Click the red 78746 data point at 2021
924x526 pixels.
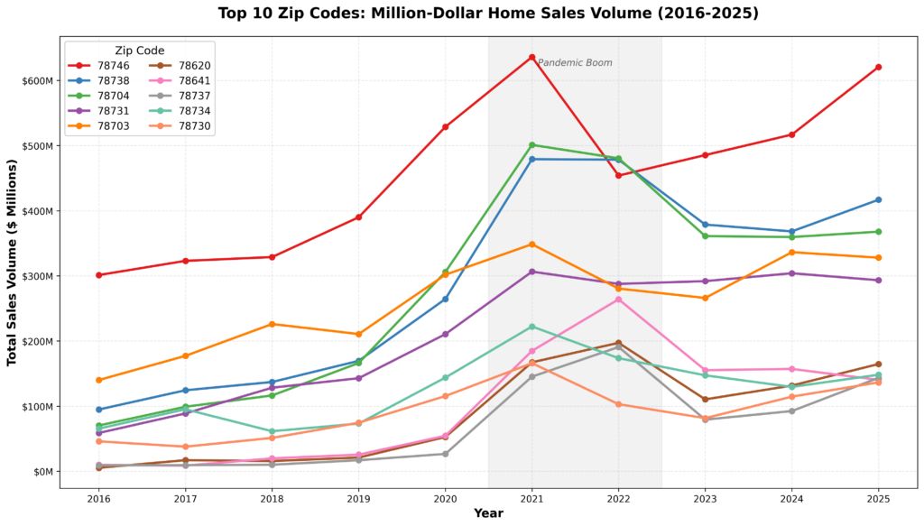click(x=531, y=57)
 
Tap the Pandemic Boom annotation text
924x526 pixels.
click(x=575, y=63)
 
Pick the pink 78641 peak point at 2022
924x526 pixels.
click(x=618, y=299)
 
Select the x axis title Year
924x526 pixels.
click(x=488, y=513)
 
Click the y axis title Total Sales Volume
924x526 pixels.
click(x=14, y=263)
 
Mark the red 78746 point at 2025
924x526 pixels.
click(x=878, y=68)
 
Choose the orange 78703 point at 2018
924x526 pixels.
click(x=272, y=324)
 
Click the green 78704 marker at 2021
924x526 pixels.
click(x=531, y=144)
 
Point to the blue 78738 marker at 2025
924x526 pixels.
click(x=878, y=199)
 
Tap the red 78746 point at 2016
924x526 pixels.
click(x=98, y=275)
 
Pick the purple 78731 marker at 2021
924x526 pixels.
click(x=531, y=272)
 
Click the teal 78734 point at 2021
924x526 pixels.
click(x=531, y=327)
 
